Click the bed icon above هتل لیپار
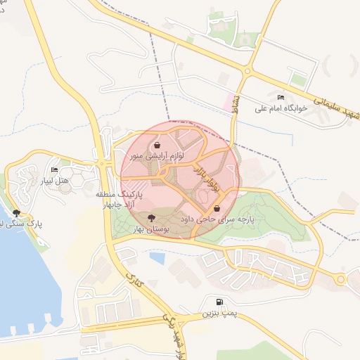point(55,169)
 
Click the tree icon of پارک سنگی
point(16,212)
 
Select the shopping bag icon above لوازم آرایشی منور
point(156,146)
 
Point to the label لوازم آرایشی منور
point(155,156)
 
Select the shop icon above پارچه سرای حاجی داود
point(217,208)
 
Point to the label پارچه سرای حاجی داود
point(216,219)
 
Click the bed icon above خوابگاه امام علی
point(281,97)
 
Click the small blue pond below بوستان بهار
point(157,258)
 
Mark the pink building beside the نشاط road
point(228,101)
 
